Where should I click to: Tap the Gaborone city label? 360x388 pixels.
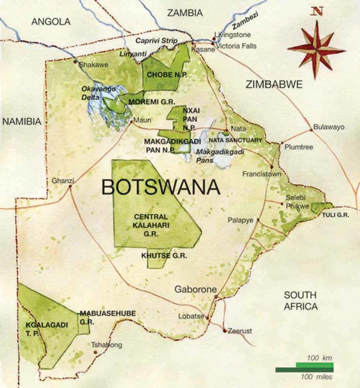tap(195, 289)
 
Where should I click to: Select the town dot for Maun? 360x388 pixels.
tap(131, 122)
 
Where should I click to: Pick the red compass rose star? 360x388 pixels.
tap(316, 49)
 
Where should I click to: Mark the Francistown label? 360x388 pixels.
tap(262, 174)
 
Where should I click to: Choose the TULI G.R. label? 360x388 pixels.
tap(335, 215)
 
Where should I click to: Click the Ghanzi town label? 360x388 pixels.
tap(63, 181)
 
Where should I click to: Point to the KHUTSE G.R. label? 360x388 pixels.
tap(164, 256)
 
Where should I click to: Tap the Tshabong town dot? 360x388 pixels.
tap(95, 352)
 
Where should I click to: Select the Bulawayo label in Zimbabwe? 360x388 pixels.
tap(329, 127)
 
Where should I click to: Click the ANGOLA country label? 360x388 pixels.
tap(51, 22)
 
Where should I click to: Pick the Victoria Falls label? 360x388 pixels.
tap(236, 46)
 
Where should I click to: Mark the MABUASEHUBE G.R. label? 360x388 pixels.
tap(107, 317)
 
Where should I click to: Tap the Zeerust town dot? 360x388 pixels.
tap(225, 331)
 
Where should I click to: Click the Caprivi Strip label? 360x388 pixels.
tap(156, 41)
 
